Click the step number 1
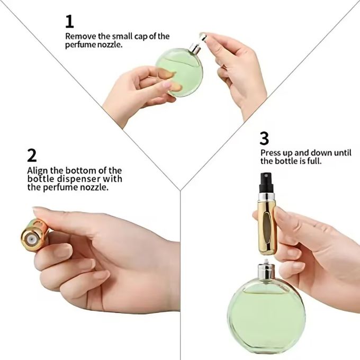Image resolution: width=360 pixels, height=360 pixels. [x=69, y=22]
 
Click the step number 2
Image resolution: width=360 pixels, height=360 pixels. [x=32, y=155]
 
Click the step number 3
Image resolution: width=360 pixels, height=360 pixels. [x=264, y=139]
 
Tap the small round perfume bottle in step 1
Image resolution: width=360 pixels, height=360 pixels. [x=180, y=72]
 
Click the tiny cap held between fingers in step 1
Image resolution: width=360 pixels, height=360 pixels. [x=202, y=37]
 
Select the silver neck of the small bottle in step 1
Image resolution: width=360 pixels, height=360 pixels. [x=194, y=49]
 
